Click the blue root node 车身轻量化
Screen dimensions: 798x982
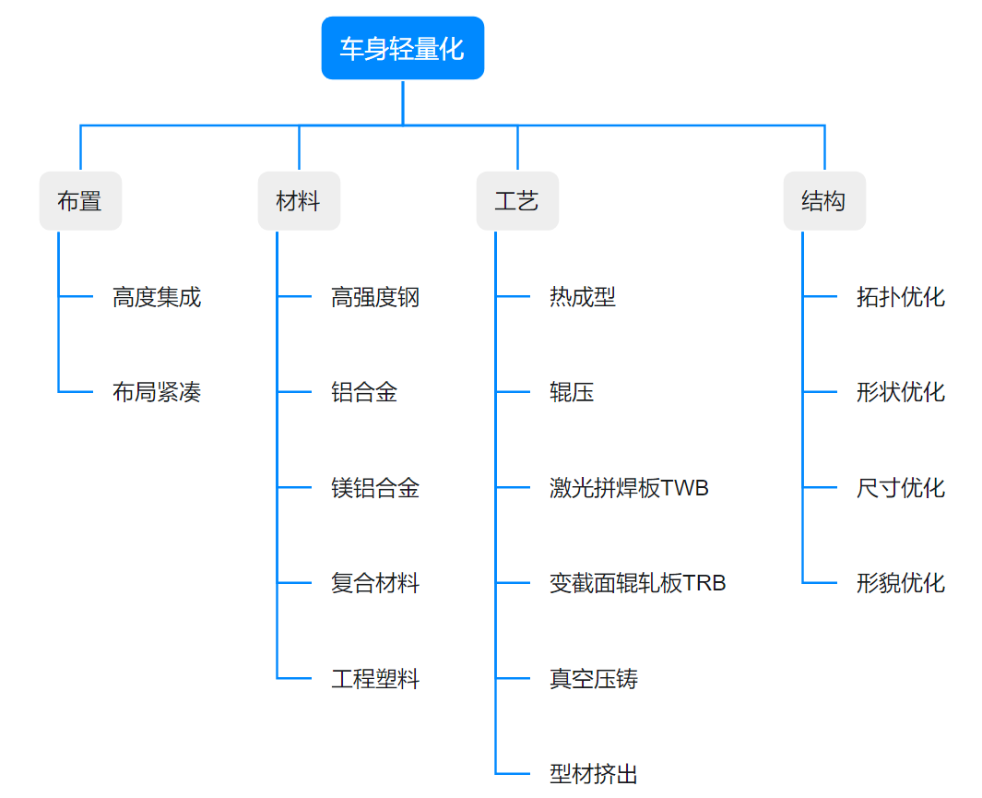402,49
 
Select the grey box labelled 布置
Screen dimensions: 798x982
80,201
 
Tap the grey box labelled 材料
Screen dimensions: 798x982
299,201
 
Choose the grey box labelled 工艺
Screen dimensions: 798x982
517,201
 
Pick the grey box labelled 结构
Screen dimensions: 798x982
824,201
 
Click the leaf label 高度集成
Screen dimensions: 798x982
157,297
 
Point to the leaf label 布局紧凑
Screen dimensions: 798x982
157,393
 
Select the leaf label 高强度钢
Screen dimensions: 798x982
375,297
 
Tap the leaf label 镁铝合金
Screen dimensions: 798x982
375,488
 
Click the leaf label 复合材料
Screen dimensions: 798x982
375,583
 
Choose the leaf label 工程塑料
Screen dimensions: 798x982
375,679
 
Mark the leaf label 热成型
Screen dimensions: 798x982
583,297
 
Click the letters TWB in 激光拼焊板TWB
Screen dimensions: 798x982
685,488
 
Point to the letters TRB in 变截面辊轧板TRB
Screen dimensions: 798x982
704,583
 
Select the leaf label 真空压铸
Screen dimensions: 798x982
594,679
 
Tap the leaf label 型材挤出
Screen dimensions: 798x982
594,774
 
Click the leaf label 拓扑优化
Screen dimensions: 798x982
901,297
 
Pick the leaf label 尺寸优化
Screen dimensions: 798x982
901,488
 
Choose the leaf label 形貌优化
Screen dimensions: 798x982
901,583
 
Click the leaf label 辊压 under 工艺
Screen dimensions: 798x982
572,393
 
